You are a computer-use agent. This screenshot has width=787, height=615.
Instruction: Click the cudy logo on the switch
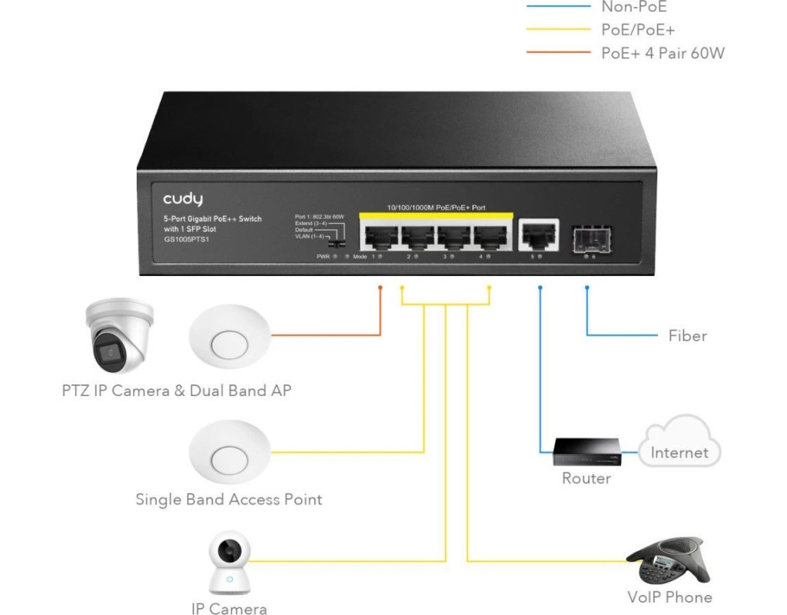pos(182,200)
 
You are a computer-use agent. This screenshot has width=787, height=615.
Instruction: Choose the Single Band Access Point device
pos(230,454)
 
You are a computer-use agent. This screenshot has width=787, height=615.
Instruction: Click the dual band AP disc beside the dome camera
pos(230,337)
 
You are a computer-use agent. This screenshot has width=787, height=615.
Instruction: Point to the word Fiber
pos(687,336)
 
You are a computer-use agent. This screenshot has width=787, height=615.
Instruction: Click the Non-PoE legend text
pos(635,7)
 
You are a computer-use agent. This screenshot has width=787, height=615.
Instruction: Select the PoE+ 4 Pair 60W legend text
pos(662,53)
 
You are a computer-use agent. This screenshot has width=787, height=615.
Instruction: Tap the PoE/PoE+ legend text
pos(637,30)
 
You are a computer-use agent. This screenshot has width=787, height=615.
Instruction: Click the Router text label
pos(586,478)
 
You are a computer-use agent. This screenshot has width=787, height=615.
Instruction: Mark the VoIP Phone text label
pos(669,597)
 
